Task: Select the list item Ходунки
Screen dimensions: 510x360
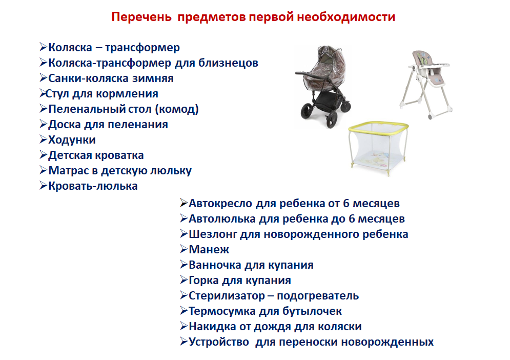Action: (72, 140)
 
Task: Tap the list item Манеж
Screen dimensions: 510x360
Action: (209, 250)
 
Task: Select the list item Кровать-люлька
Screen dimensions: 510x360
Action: (93, 186)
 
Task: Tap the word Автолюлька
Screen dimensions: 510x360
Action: (219, 219)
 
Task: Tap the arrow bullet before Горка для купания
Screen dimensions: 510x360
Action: (184, 280)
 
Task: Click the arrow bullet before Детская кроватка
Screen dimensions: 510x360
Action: (44, 155)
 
